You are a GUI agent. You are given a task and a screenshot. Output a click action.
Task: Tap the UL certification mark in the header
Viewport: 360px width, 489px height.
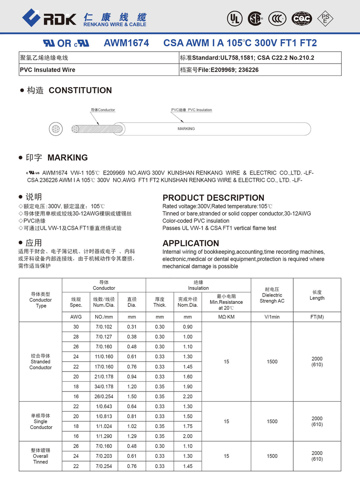233,18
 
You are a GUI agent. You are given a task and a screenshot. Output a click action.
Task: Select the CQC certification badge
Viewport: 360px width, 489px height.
302,18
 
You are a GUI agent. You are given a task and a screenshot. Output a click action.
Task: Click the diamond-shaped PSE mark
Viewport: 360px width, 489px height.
325,18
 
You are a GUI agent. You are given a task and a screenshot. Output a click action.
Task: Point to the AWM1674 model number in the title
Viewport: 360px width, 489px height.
126,43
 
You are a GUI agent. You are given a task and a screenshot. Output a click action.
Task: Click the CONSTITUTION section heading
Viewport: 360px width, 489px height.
80,90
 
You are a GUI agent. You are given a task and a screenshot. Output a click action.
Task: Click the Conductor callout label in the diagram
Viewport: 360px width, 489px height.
102,110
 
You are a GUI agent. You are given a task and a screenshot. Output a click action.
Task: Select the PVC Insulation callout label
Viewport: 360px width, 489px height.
191,110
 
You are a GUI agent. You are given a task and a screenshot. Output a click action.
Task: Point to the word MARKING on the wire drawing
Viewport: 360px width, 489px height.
186,128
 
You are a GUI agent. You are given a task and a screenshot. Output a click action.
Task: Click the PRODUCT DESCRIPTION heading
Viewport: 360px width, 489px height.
213,198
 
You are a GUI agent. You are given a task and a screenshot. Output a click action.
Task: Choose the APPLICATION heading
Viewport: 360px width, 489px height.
191,243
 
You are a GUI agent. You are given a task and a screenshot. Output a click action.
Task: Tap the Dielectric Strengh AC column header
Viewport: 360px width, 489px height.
272,295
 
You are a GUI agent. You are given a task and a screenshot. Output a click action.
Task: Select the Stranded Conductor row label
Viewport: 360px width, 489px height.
41,361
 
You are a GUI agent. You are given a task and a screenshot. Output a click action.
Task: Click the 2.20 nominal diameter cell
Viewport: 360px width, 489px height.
188,397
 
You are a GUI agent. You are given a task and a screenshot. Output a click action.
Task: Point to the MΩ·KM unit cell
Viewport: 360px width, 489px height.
226,317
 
